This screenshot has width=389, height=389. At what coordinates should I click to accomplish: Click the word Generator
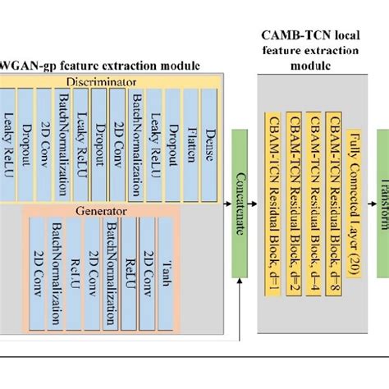tap(113, 211)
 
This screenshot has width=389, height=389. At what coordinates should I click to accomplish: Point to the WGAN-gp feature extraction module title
tap(99, 64)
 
